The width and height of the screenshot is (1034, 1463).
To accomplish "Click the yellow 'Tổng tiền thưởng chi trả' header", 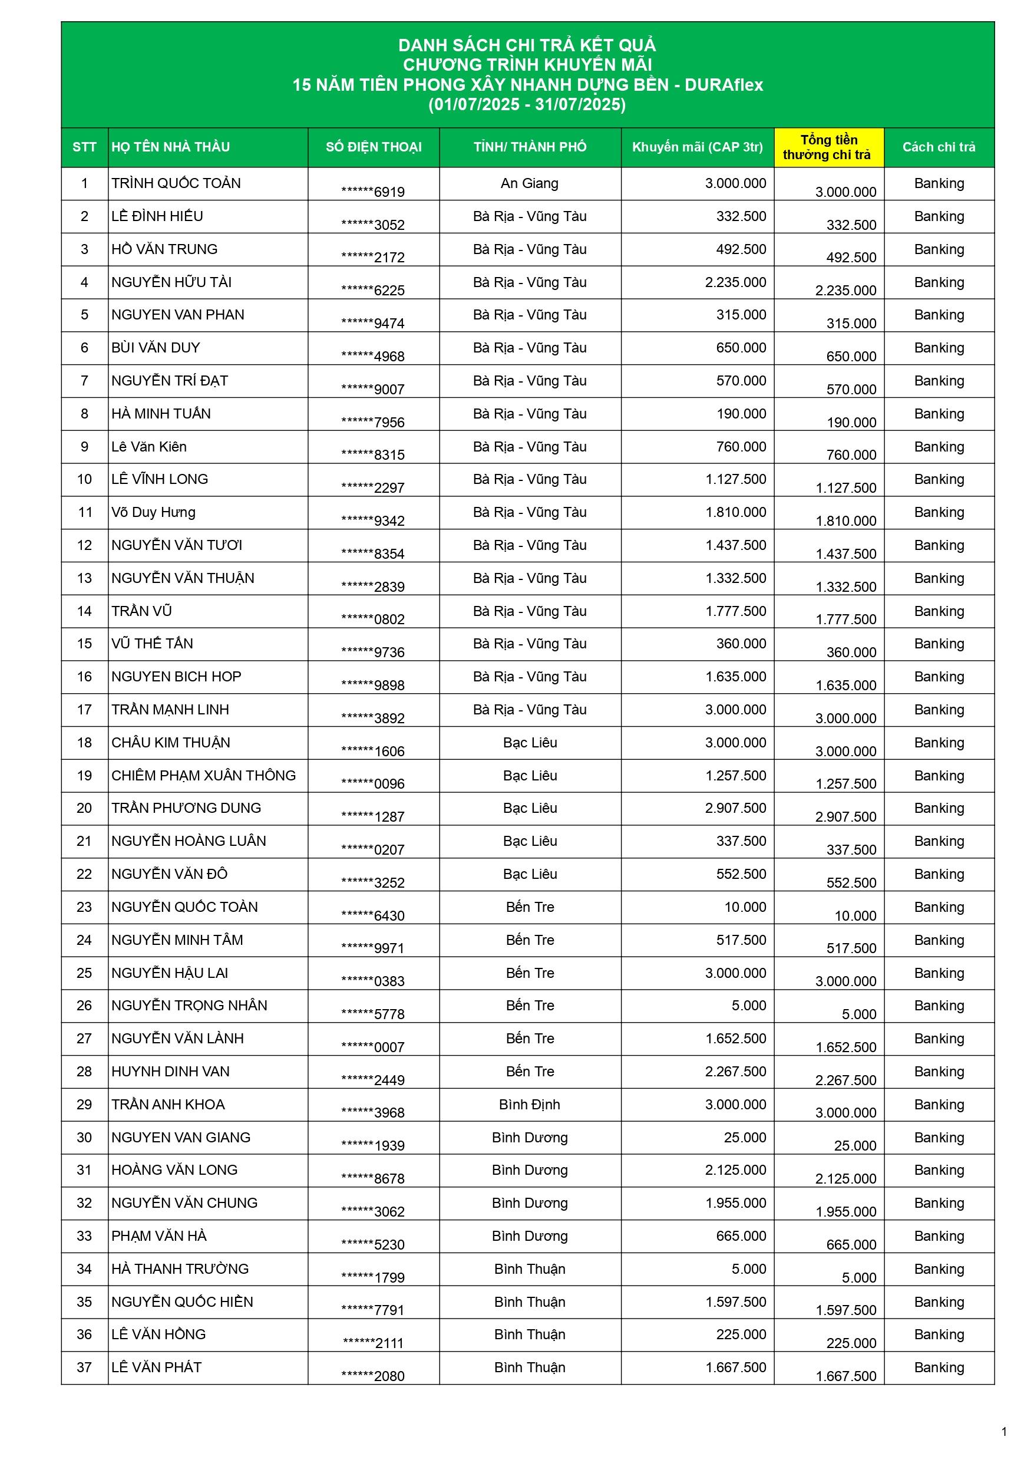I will tap(828, 147).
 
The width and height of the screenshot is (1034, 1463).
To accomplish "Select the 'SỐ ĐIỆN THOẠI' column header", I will tap(374, 147).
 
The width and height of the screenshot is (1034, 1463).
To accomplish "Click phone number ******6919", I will tap(373, 192).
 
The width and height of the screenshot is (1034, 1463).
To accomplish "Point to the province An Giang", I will tap(530, 183).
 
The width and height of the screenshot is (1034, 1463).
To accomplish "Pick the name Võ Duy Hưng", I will tap(154, 512).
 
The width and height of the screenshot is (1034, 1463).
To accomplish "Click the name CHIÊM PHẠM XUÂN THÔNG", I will tap(203, 776).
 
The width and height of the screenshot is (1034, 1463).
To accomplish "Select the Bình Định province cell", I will tap(530, 1104).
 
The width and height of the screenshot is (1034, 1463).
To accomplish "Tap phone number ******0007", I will tap(373, 1047).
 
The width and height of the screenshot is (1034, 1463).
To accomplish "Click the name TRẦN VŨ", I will tap(141, 611).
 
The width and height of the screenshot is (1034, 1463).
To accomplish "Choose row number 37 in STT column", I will tap(84, 1367).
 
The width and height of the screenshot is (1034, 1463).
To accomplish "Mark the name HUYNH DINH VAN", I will tap(170, 1071).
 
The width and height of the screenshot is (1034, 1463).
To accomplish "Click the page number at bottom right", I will tap(1004, 1432).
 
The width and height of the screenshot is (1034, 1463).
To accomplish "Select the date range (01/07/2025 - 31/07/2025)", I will tap(527, 104).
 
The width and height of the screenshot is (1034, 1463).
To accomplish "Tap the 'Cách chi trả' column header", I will tap(939, 147).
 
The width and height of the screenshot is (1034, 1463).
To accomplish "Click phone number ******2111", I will tap(373, 1343).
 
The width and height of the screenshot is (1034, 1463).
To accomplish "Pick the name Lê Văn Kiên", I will tap(149, 447).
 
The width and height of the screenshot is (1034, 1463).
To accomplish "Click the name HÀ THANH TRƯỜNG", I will tap(180, 1268).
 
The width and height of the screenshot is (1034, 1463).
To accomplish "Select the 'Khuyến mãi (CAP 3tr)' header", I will tap(697, 147).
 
